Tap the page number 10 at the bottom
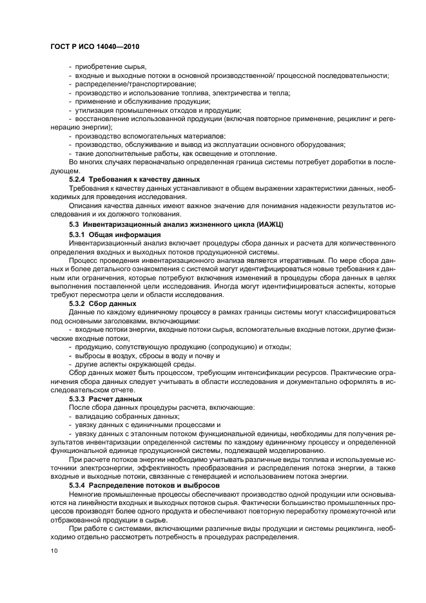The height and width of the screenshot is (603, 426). pos(55,551)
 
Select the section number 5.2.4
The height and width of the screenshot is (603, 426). pos(77,179)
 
